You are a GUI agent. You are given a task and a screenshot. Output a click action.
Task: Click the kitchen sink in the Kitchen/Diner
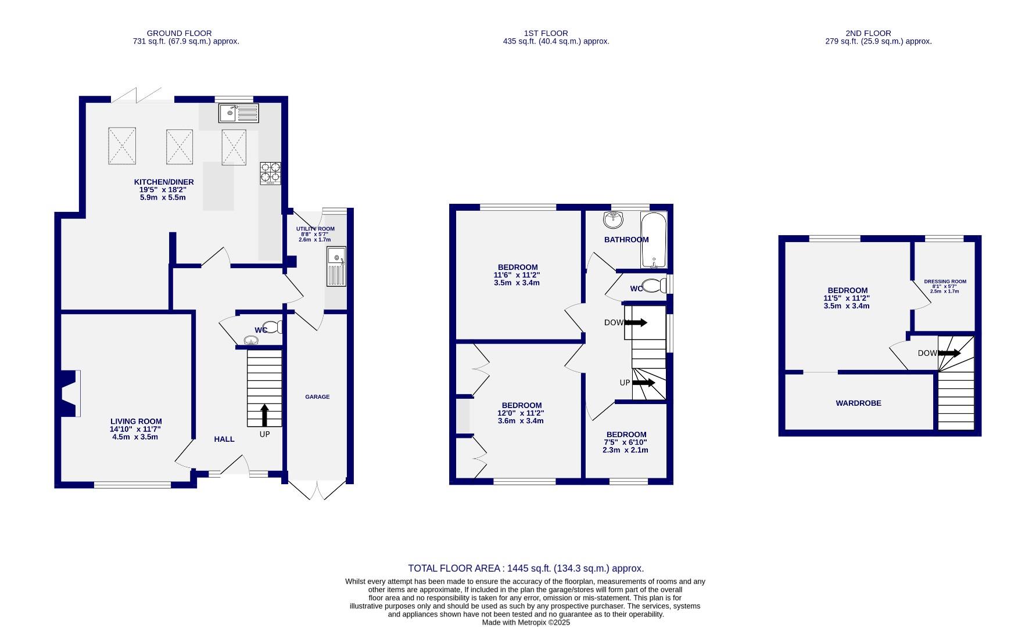pyautogui.click(x=238, y=113)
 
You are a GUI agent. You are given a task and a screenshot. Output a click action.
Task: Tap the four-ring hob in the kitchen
pyautogui.click(x=270, y=172)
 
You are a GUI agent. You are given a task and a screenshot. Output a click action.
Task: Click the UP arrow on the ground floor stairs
pyautogui.click(x=264, y=416)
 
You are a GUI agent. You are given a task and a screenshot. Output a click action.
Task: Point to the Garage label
pyautogui.click(x=317, y=397)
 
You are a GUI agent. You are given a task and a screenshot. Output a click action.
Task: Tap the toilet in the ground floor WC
pyautogui.click(x=273, y=327)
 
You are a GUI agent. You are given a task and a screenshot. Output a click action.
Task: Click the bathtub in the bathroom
pyautogui.click(x=653, y=240)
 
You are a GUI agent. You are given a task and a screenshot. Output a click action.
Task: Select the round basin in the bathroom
pyautogui.click(x=612, y=220)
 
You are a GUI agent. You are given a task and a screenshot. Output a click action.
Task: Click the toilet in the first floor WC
pyautogui.click(x=654, y=286)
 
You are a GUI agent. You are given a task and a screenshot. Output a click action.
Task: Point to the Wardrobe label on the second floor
pyautogui.click(x=858, y=403)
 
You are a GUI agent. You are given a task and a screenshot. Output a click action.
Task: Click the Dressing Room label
pyautogui.click(x=945, y=282)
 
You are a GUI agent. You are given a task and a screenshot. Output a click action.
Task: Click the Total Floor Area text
pyautogui.click(x=526, y=568)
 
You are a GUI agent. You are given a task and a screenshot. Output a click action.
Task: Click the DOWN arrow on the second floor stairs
pyautogui.click(x=949, y=353)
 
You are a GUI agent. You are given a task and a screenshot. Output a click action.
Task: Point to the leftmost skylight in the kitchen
pyautogui.click(x=122, y=146)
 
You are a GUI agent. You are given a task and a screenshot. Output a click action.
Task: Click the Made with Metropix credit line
pyautogui.click(x=526, y=622)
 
